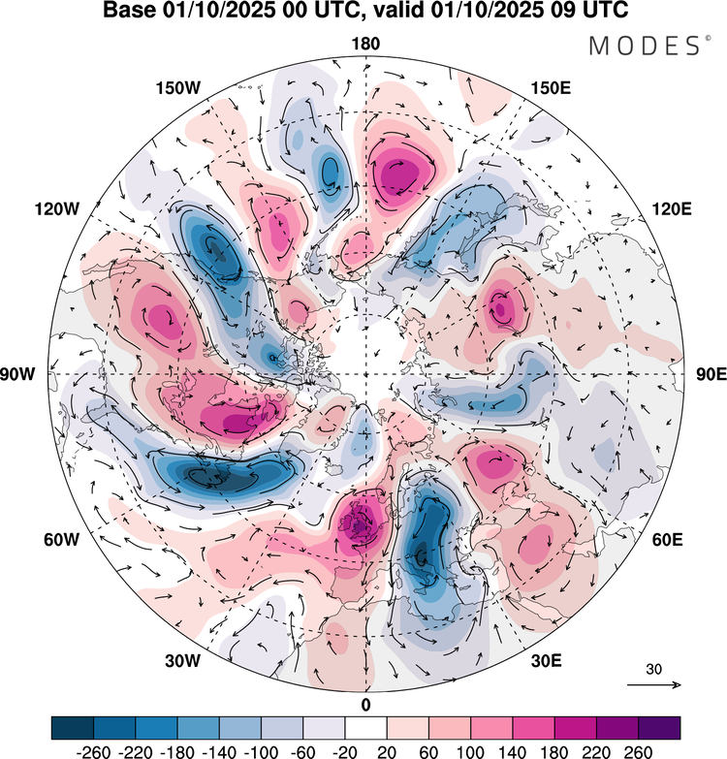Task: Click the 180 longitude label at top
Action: [x=365, y=44]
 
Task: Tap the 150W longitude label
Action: [x=178, y=88]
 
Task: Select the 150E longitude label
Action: [x=551, y=88]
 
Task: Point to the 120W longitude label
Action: [x=56, y=209]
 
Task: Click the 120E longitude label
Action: [x=672, y=209]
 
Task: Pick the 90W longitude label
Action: [x=17, y=374]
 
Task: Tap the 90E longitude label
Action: [x=711, y=374]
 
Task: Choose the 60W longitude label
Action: [x=61, y=539]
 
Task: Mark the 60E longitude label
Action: [x=668, y=539]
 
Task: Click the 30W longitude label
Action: [x=182, y=661]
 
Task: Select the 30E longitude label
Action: [x=547, y=661]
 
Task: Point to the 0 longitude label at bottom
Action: [x=365, y=705]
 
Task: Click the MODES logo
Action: [x=649, y=46]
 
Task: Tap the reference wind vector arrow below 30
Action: [x=654, y=684]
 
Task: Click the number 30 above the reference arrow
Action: [x=653, y=669]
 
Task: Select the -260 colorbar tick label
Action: [x=93, y=752]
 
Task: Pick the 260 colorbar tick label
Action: [x=639, y=752]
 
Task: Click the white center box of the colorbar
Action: [x=365, y=728]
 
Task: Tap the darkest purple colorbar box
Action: [x=659, y=728]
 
